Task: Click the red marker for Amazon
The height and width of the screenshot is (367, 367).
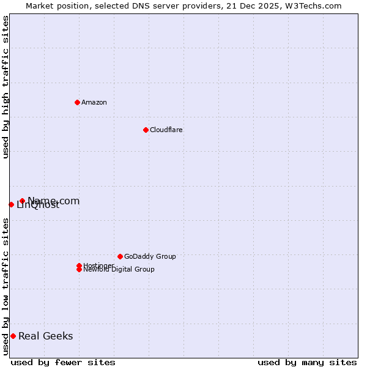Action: pyautogui.click(x=77, y=102)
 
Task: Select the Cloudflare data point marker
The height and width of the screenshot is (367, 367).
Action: pyautogui.click(x=146, y=130)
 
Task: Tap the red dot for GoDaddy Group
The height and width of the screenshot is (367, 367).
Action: pyautogui.click(x=120, y=256)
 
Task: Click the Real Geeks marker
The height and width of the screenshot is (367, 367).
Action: pyautogui.click(x=13, y=336)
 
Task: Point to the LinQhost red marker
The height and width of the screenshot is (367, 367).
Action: pyautogui.click(x=11, y=204)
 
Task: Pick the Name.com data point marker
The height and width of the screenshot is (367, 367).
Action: pyautogui.click(x=22, y=201)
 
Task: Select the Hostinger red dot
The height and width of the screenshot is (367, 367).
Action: pyautogui.click(x=79, y=265)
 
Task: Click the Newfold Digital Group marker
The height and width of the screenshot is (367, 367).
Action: pyautogui.click(x=79, y=269)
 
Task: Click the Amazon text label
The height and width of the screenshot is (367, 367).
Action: pyautogui.click(x=94, y=102)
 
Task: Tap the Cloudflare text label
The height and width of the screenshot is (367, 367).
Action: pyautogui.click(x=166, y=130)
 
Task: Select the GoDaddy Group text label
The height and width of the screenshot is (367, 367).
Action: pyautogui.click(x=150, y=256)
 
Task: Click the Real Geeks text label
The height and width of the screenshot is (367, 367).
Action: pyautogui.click(x=46, y=336)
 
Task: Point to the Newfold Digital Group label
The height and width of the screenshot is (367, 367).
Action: pyautogui.click(x=119, y=270)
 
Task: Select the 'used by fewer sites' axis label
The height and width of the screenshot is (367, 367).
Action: pyautogui.click(x=63, y=362)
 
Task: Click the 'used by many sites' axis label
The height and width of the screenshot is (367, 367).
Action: pyautogui.click(x=307, y=362)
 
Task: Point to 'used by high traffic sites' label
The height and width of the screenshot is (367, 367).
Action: pyautogui.click(x=6, y=87)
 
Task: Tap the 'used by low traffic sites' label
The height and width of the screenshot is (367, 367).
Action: pyautogui.click(x=6, y=286)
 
